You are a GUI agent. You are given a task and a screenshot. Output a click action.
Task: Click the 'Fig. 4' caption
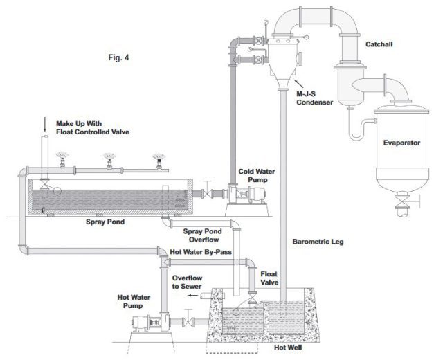pyautogui.click(x=118, y=58)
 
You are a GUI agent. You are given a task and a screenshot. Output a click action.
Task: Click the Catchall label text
pyautogui.click(x=380, y=44)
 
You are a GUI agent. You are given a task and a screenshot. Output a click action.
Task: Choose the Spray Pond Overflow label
pyautogui.click(x=204, y=235)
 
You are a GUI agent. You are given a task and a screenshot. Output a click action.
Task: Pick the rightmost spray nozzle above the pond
pyautogui.click(x=161, y=160)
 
